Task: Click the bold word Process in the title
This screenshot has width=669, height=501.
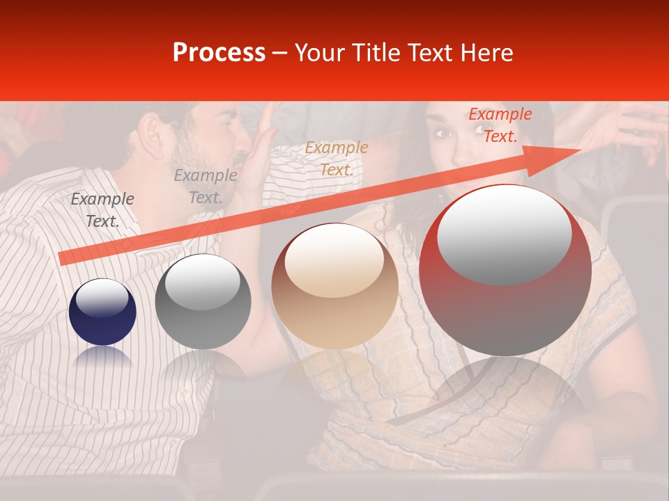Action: pos(219,53)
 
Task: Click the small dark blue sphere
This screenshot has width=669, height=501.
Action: pos(102,312)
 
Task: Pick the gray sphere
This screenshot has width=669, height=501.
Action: pos(203,302)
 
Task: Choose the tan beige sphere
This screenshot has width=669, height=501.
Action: pos(335,286)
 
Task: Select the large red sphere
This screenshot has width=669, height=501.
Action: pos(505,270)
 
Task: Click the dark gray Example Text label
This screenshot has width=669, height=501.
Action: pos(102,209)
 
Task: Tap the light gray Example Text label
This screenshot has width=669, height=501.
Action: pos(206,186)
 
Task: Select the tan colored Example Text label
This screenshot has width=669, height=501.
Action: pos(337,158)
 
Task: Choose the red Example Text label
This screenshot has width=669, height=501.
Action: pos(500,125)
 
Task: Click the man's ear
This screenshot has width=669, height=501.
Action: pos(150,133)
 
